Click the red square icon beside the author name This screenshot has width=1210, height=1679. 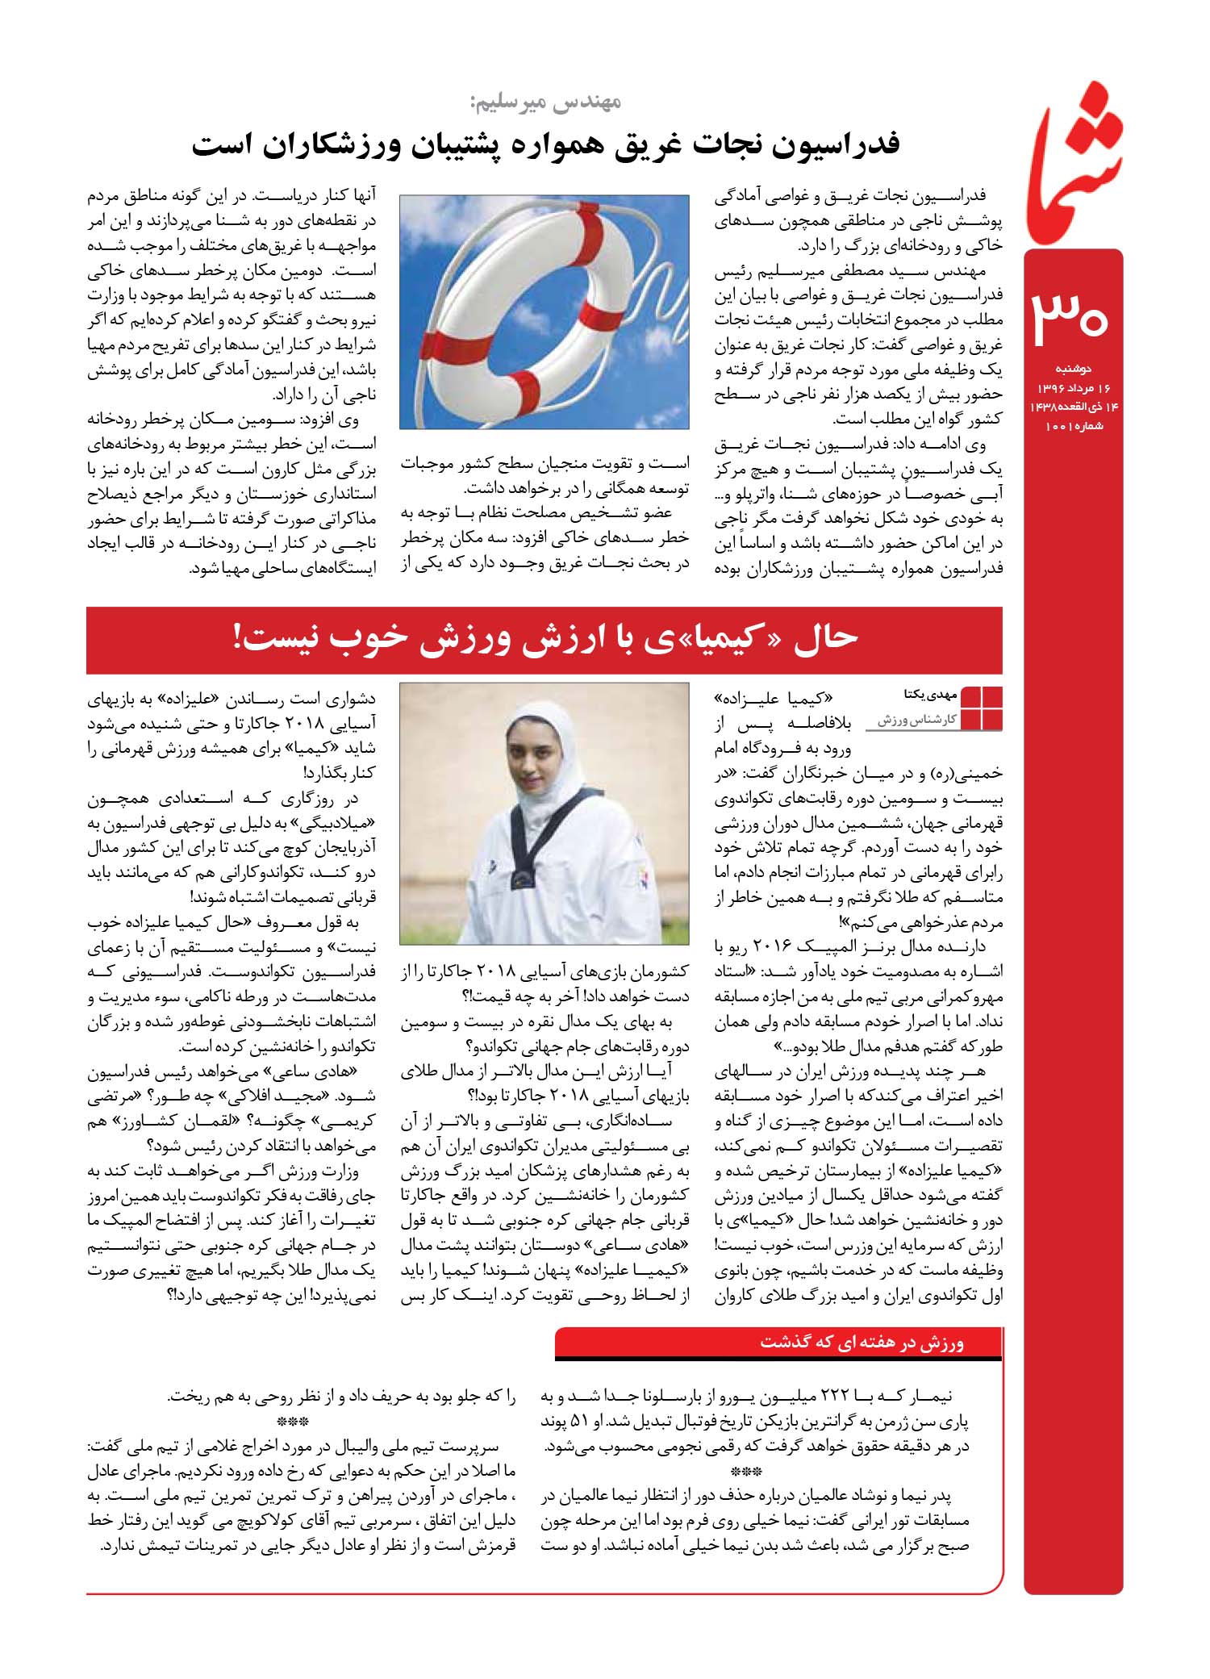pyautogui.click(x=981, y=708)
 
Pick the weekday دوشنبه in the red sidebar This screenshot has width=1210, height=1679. pyautogui.click(x=1073, y=369)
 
